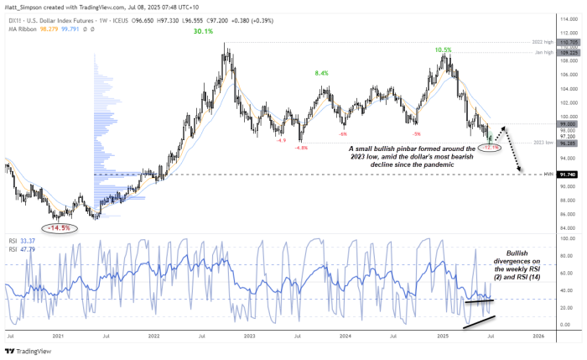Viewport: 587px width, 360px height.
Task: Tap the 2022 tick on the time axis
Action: click(153, 335)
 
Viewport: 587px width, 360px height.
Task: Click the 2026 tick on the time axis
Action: click(538, 335)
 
